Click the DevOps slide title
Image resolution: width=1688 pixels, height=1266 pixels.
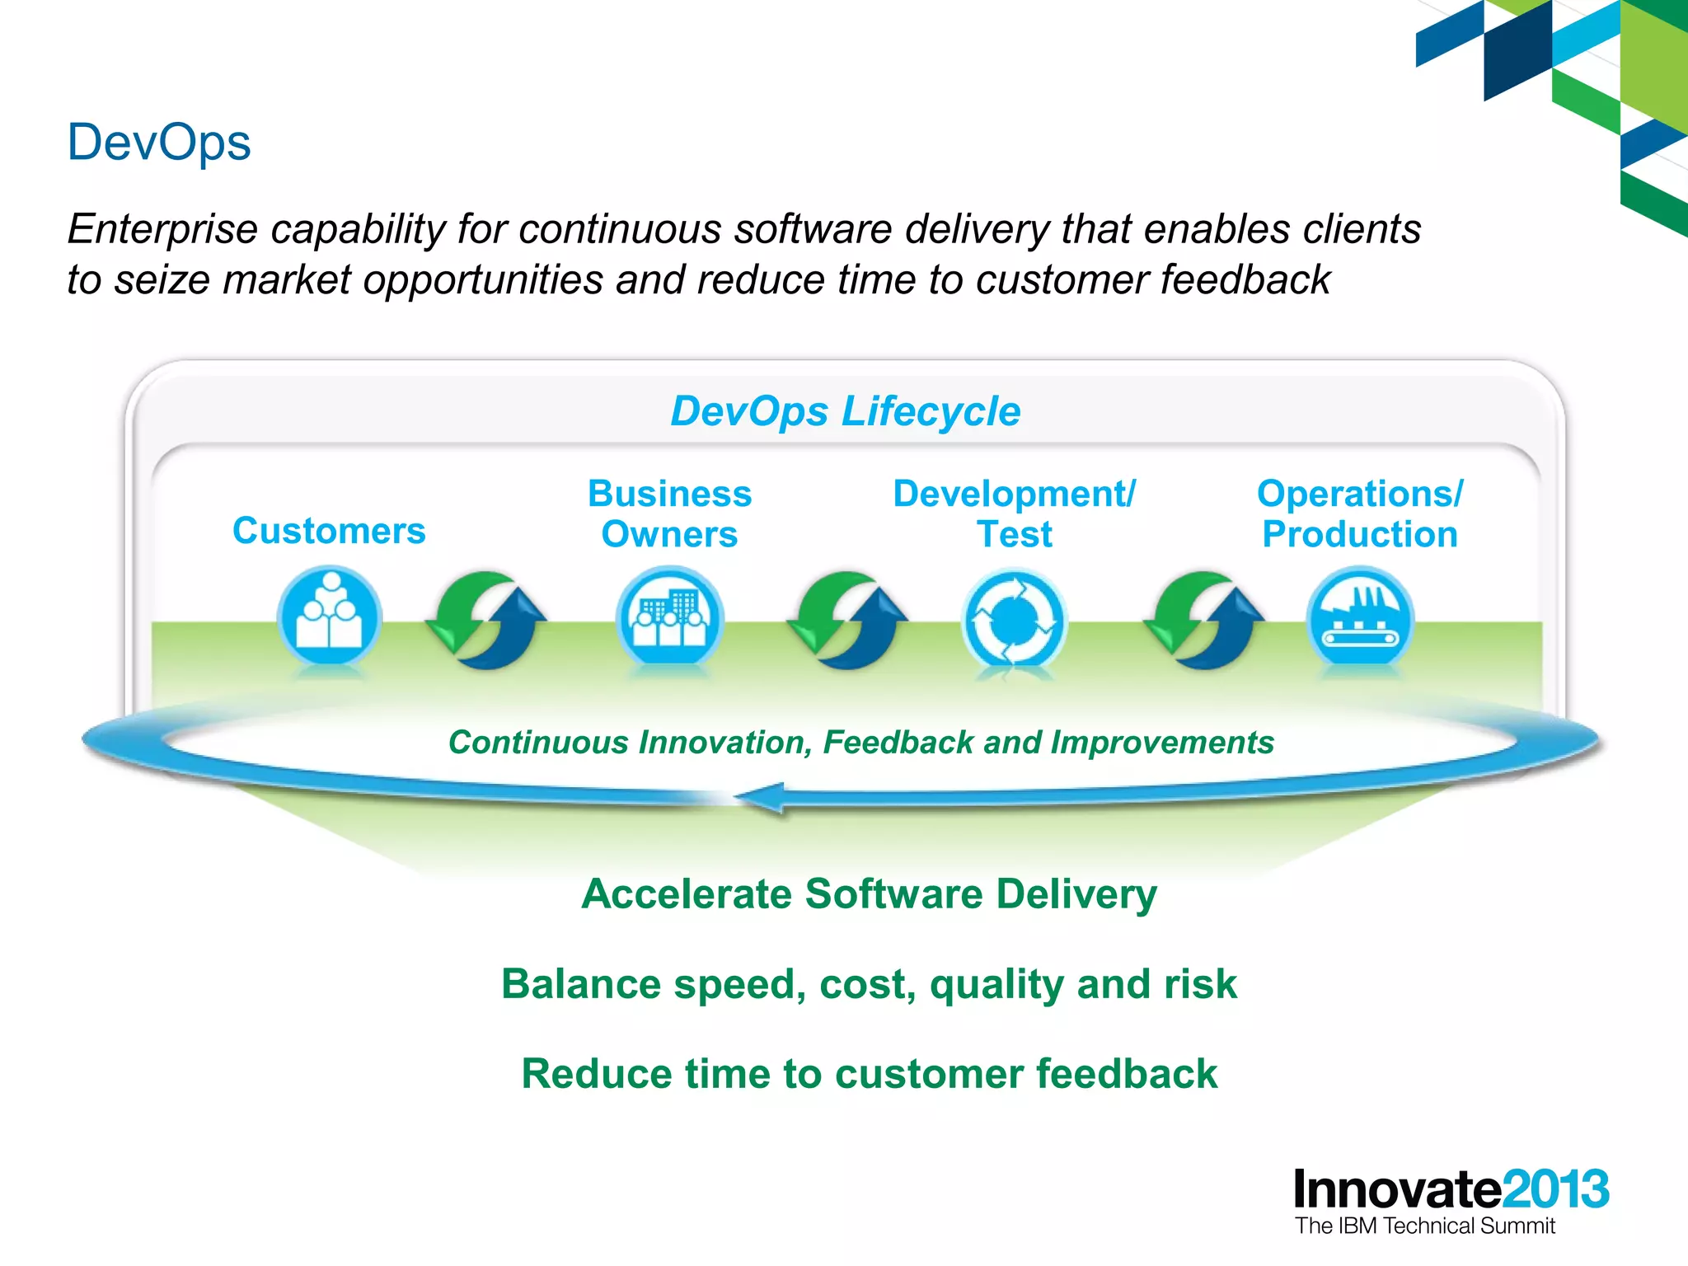pyautogui.click(x=158, y=143)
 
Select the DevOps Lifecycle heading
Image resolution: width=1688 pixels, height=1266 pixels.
pyautogui.click(x=845, y=411)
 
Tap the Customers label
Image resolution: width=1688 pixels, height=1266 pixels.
pyautogui.click(x=329, y=531)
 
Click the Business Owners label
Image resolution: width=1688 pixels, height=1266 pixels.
pyautogui.click(x=669, y=513)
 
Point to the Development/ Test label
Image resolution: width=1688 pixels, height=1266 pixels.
pyautogui.click(x=1014, y=513)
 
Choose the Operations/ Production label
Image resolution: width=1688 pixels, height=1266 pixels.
pyautogui.click(x=1359, y=513)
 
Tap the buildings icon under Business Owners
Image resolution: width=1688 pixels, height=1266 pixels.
pyautogui.click(x=669, y=618)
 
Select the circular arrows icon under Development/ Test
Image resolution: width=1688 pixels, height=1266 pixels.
pyautogui.click(x=1014, y=620)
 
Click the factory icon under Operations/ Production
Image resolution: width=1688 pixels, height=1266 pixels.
pyautogui.click(x=1359, y=618)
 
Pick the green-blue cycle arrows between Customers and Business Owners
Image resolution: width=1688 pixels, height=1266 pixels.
pyautogui.click(x=486, y=620)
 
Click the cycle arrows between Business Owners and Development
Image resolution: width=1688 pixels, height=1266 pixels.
pyautogui.click(x=846, y=620)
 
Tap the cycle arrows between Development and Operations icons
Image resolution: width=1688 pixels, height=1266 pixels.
pyautogui.click(x=1203, y=620)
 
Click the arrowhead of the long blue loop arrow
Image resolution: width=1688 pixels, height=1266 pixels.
pyautogui.click(x=758, y=798)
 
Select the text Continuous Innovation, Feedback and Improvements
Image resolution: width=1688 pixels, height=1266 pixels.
pyautogui.click(x=860, y=743)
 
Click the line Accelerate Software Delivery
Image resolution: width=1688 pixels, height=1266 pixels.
pyautogui.click(x=869, y=894)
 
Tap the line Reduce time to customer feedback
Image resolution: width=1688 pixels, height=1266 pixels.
pyautogui.click(x=869, y=1074)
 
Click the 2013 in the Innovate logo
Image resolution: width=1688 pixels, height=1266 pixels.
pyautogui.click(x=1555, y=1189)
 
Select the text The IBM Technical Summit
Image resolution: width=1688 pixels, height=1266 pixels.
pyautogui.click(x=1424, y=1226)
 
